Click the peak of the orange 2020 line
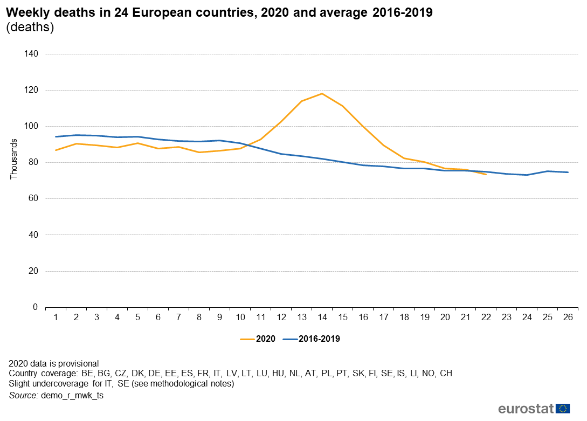322,94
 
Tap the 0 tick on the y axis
35,307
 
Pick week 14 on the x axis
322,318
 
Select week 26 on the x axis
568,318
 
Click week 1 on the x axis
56,318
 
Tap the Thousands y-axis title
14,159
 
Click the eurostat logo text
526,408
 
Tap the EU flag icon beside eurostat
563,408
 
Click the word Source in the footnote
22,396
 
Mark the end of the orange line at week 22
486,175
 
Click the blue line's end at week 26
568,172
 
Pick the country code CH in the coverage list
446,374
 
